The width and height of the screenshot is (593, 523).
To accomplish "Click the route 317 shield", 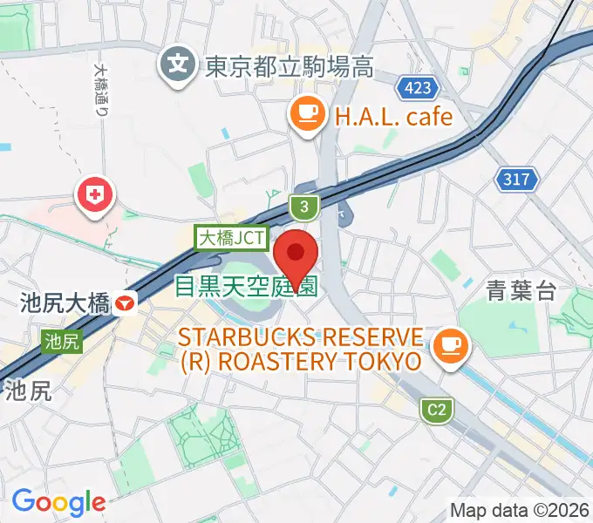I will click(516, 180).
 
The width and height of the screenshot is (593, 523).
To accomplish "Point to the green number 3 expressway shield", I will click(303, 207).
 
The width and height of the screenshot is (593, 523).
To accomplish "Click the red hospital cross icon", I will click(95, 195).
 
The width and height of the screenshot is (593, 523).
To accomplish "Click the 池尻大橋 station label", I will click(65, 304).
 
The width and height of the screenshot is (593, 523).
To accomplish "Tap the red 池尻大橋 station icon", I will click(127, 304).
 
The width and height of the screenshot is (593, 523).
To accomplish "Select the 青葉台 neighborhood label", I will click(521, 291).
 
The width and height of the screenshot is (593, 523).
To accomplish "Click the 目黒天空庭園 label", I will click(246, 286).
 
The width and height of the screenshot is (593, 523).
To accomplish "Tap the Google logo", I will click(58, 501).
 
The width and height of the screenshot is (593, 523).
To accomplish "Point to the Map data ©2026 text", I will click(520, 510).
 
